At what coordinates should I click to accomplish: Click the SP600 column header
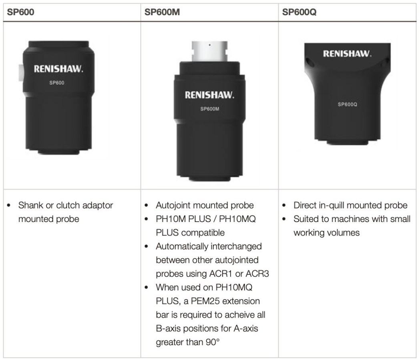[20, 12]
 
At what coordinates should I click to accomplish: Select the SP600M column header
[162, 12]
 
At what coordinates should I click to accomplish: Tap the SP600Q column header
[299, 12]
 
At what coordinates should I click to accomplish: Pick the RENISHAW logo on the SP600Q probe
[347, 54]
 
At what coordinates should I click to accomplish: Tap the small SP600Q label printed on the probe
[347, 105]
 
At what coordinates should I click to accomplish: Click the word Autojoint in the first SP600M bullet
[173, 206]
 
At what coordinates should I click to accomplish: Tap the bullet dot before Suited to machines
[284, 219]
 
